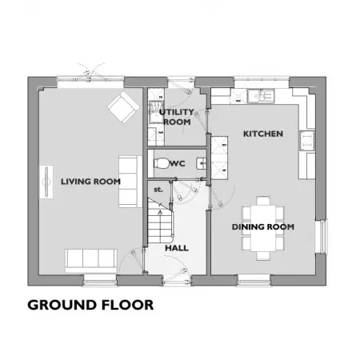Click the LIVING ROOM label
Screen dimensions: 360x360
tap(90, 182)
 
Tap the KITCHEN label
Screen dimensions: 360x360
tap(263, 134)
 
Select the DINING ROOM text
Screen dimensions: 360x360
tap(263, 227)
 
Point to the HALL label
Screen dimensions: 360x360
tap(177, 248)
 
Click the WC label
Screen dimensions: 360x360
tap(177, 163)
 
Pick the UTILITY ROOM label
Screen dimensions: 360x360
tap(177, 117)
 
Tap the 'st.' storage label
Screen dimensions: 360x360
tap(158, 190)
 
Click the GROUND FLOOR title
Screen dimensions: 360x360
tap(90, 305)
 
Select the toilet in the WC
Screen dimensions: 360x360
tap(162, 163)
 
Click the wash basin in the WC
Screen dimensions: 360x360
tap(202, 163)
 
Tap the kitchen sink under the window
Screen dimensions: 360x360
tap(261, 96)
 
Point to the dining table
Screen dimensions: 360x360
tap(263, 228)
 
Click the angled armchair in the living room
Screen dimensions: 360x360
tap(124, 107)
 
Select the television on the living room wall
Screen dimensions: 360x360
tap(46, 182)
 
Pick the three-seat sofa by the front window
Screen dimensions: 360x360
tap(91, 261)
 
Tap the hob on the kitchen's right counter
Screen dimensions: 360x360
tap(307, 141)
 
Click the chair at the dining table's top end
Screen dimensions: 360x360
tap(263, 201)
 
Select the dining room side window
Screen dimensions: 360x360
tap(322, 236)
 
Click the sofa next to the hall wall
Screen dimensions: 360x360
tap(130, 182)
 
